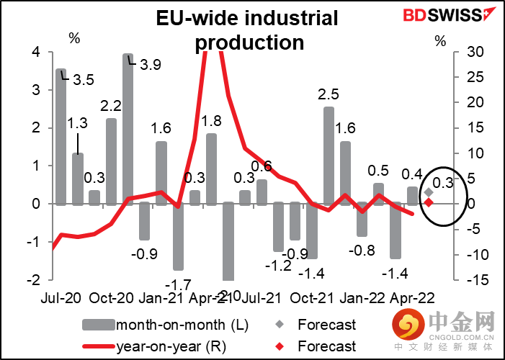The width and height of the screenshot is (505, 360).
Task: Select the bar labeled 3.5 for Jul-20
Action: (61, 137)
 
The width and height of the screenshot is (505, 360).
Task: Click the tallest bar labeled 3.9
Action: (128, 129)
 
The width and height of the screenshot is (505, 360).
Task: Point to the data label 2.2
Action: (111, 107)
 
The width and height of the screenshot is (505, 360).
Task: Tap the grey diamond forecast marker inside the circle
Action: (428, 192)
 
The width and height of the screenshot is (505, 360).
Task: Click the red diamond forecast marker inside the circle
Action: (428, 202)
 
